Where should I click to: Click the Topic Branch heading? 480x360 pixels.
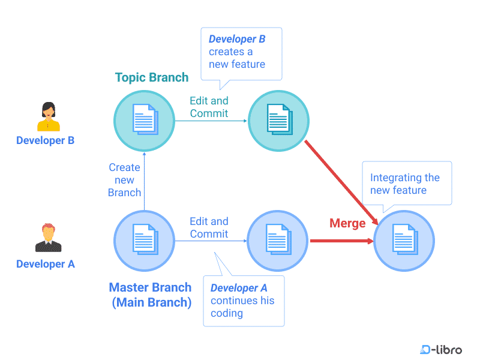152,77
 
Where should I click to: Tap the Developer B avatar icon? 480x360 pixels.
48,116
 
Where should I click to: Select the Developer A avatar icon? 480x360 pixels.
48,238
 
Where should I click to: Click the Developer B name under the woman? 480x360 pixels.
46,140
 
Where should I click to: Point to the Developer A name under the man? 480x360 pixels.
46,264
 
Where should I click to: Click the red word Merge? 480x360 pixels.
347,223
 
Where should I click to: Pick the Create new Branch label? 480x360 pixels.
125,180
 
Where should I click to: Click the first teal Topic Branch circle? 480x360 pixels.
144,120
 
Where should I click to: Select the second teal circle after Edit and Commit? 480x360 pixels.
278,120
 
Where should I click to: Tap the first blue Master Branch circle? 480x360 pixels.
144,241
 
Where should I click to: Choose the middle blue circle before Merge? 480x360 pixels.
278,241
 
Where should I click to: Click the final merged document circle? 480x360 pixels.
404,241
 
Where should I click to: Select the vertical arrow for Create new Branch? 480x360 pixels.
144,180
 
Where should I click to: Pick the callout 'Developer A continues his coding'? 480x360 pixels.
243,301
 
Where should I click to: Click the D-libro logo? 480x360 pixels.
441,349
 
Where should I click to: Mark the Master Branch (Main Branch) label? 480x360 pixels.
151,295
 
